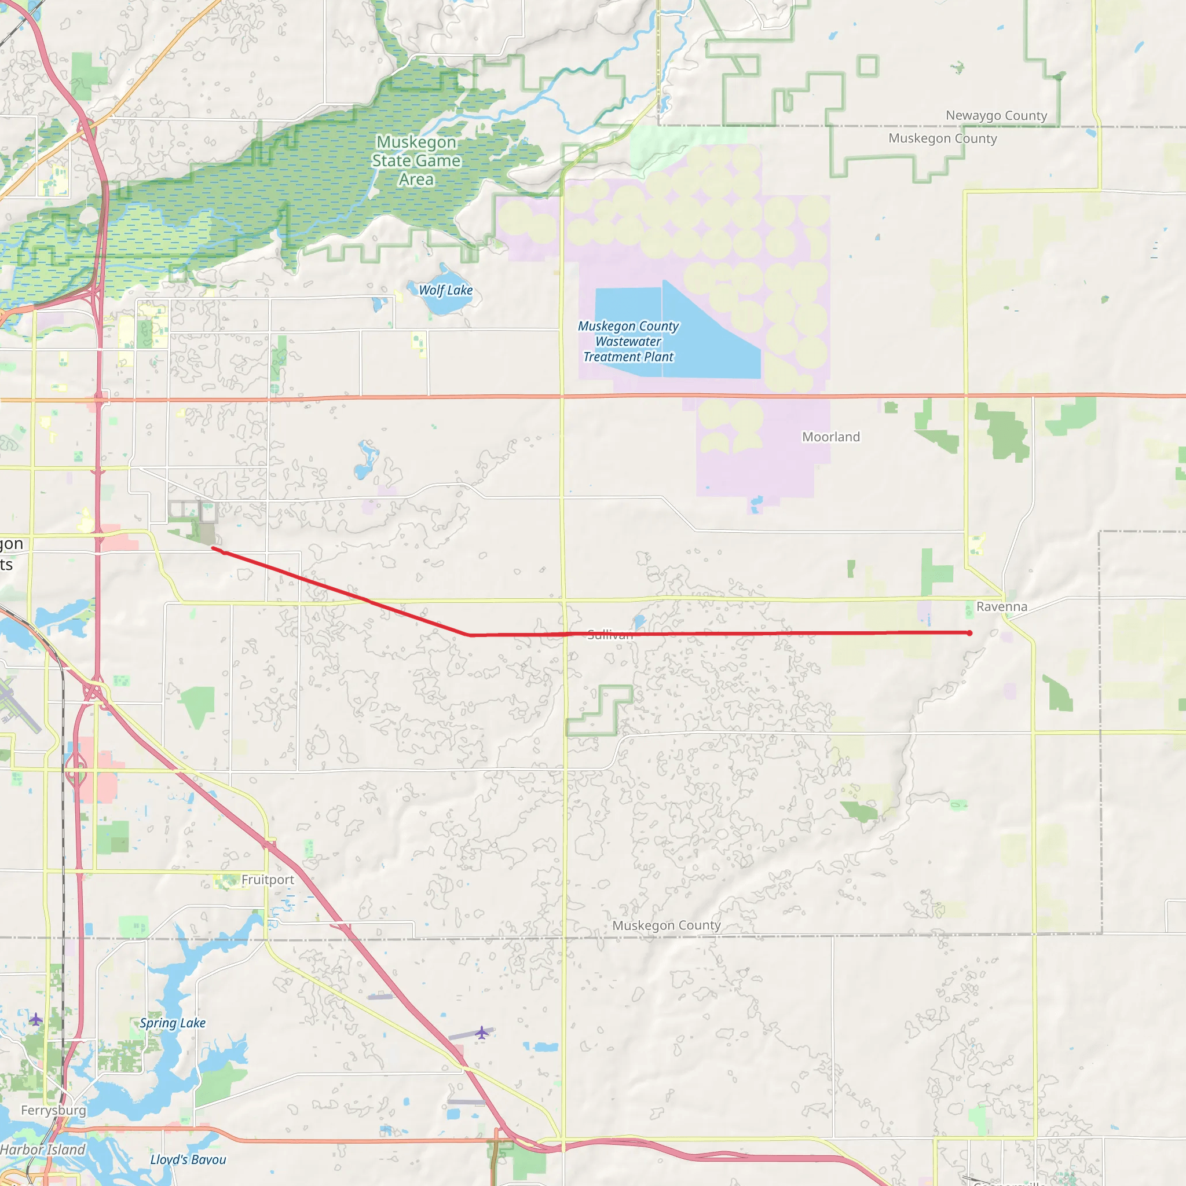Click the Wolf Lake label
(446, 290)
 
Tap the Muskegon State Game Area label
(416, 161)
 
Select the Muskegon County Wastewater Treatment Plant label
(628, 342)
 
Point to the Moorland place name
(830, 437)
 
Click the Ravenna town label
(1001, 607)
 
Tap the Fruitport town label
(268, 880)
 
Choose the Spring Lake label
(173, 1023)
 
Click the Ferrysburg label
(53, 1111)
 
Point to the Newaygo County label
(995, 115)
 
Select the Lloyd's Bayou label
(188, 1159)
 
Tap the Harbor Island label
(43, 1150)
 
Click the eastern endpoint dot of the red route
(969, 633)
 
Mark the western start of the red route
(213, 548)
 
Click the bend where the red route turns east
(470, 635)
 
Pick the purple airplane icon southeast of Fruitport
(482, 1033)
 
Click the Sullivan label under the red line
(610, 636)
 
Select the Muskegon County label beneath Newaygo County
(942, 139)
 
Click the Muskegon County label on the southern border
(666, 925)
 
